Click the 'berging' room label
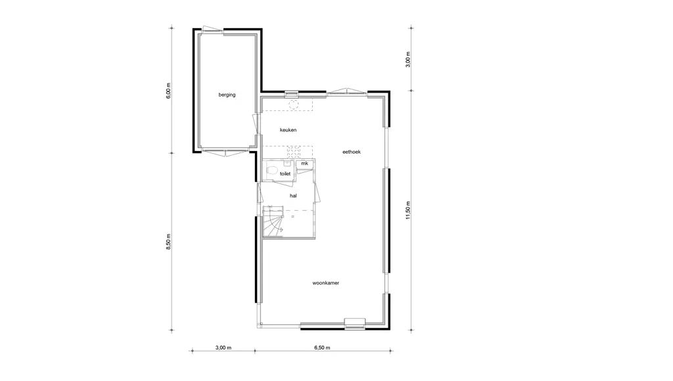pos(227,95)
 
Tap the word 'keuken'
pos(288,130)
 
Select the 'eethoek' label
pos(352,152)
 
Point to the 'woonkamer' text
pos(326,283)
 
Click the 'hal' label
pos(293,196)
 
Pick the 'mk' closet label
pos(304,164)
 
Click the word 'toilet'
pos(285,174)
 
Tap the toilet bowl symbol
pos(270,170)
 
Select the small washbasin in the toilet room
pos(287,164)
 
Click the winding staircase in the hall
pos(273,222)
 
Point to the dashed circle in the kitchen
pos(294,104)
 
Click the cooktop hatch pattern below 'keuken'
pos(294,152)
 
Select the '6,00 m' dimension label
pos(168,91)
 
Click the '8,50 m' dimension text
pos(168,242)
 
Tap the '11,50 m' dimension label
pos(407,210)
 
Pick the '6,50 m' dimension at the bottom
pos(322,347)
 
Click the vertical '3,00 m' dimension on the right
pos(407,60)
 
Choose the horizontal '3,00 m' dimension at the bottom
pos(223,347)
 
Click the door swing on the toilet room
pos(283,183)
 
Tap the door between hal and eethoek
pos(317,192)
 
